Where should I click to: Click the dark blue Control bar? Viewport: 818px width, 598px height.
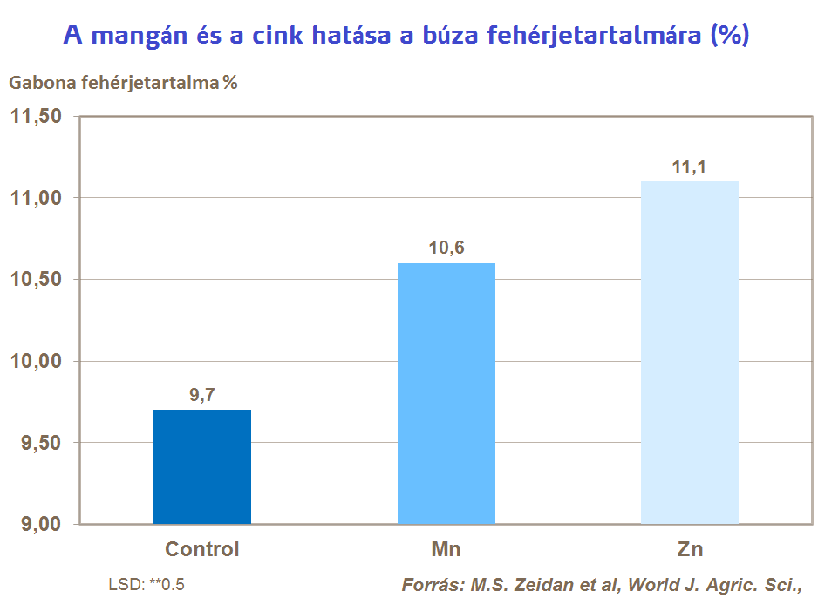202,467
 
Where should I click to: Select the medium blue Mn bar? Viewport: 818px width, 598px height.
446,393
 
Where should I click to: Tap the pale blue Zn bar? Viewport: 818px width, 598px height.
689,352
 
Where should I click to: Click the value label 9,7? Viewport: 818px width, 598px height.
202,395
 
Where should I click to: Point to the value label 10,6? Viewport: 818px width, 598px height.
446,248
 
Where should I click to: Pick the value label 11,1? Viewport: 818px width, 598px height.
689,166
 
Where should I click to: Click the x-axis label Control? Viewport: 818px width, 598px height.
202,549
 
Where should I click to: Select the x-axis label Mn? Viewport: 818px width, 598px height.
446,549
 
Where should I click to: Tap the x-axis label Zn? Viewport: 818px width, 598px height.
689,549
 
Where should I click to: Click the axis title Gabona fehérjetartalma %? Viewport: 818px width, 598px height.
123,83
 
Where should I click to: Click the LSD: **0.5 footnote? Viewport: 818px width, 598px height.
147,584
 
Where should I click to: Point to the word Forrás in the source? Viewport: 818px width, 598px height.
427,584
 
